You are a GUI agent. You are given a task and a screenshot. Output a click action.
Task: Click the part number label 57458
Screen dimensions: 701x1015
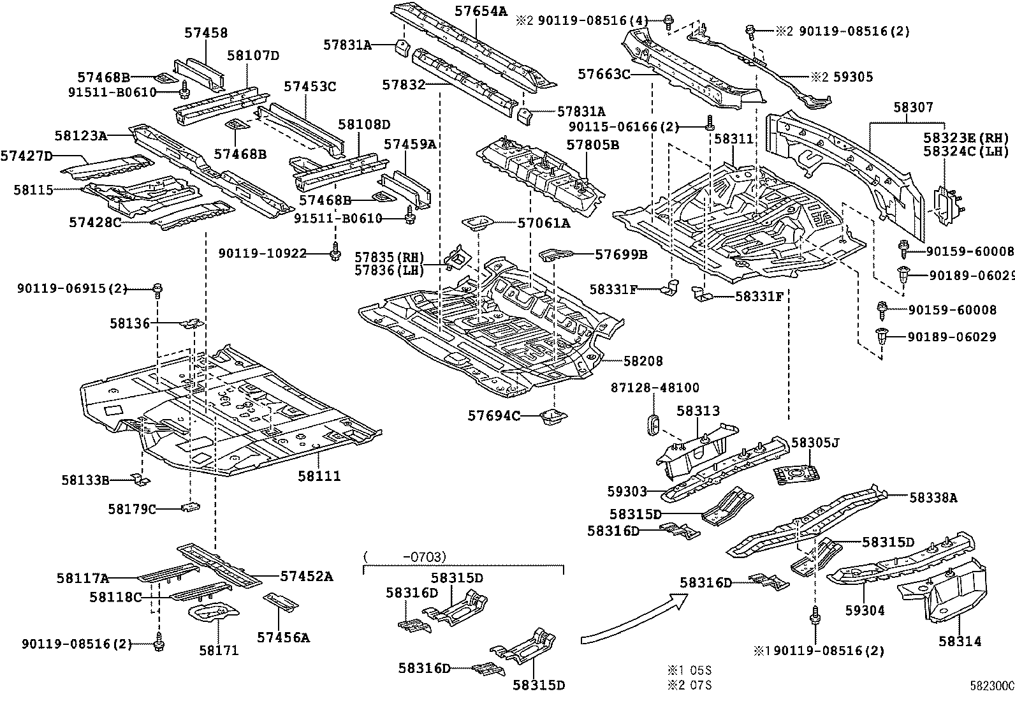(x=206, y=33)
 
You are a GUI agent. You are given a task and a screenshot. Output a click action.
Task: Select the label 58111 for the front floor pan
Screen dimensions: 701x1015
(x=319, y=476)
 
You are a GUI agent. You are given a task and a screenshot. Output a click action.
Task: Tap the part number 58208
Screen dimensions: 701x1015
(x=643, y=361)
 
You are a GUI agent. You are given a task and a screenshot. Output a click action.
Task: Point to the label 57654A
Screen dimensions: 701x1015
(x=481, y=10)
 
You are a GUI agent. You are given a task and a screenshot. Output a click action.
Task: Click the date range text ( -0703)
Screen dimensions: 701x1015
(x=405, y=556)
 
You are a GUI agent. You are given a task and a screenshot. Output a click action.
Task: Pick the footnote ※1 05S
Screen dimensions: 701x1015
(x=689, y=670)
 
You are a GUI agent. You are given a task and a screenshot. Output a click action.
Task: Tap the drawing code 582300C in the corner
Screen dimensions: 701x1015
(x=991, y=686)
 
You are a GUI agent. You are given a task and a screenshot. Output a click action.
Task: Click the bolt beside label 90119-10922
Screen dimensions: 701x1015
(x=335, y=254)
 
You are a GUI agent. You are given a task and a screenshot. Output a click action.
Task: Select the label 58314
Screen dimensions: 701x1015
(x=960, y=641)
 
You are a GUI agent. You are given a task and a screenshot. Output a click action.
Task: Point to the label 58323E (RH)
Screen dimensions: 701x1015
(x=966, y=138)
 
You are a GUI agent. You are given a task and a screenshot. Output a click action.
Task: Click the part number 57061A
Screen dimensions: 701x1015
(x=543, y=223)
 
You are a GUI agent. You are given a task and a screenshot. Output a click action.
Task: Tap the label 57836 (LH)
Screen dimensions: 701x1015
(x=390, y=270)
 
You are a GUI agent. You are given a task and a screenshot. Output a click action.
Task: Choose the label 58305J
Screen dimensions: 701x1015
(x=815, y=441)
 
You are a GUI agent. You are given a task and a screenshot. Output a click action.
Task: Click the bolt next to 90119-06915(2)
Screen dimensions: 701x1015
(x=158, y=290)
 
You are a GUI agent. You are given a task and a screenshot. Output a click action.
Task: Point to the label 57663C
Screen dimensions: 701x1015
(x=604, y=75)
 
